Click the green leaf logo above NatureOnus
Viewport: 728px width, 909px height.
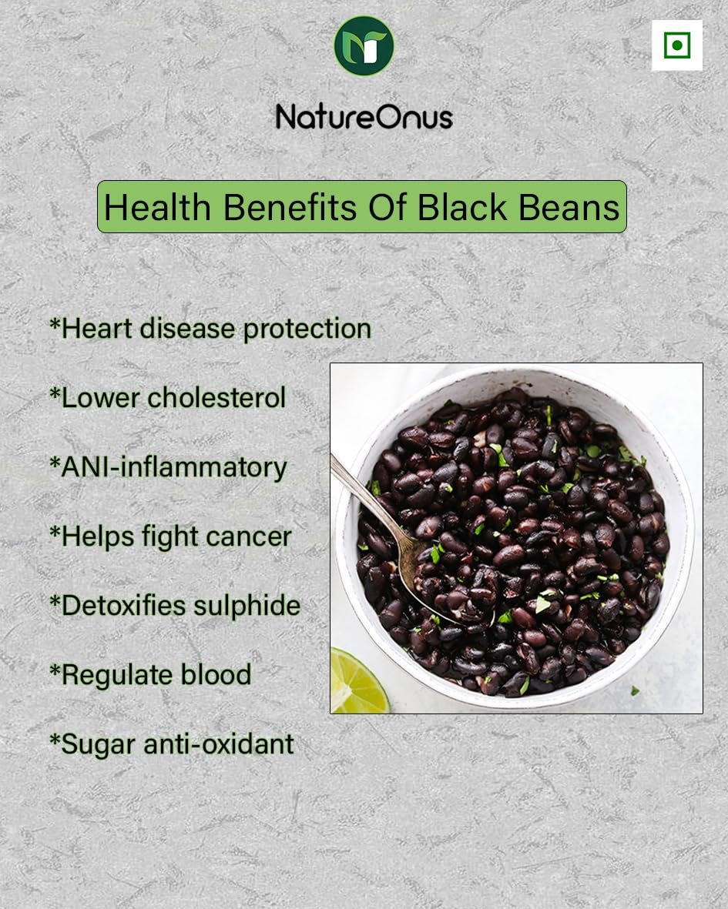364,46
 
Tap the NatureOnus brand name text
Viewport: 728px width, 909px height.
364,116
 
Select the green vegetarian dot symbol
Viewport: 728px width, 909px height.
677,45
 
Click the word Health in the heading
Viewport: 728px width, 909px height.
157,207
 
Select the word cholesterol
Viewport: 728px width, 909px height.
216,398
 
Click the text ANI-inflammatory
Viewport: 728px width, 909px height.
174,468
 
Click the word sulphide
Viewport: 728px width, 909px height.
247,606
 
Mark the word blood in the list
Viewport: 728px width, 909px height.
216,675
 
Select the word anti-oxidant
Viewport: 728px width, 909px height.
219,744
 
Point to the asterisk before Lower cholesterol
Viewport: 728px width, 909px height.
55,393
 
